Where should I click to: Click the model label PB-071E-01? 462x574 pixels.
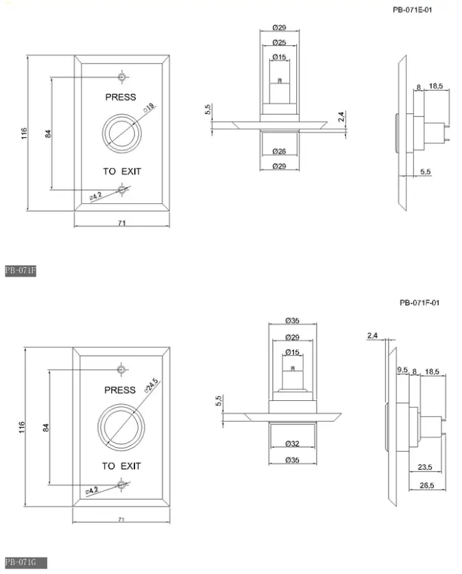pos(413,10)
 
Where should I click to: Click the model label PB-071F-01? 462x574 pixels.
pos(420,302)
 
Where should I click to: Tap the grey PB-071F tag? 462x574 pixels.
pos(20,271)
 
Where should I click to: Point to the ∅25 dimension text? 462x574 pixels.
pos(279,43)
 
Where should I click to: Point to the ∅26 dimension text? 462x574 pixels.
pos(279,150)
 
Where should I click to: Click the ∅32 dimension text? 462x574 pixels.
pos(293,444)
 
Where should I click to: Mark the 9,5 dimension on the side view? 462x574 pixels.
pos(402,370)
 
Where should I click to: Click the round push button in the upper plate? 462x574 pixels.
pos(121,133)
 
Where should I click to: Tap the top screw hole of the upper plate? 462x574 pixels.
pos(121,76)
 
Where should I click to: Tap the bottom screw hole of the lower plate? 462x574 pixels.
pos(121,485)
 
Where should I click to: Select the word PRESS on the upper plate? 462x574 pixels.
pos(121,97)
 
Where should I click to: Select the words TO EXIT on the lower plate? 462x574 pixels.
pos(121,466)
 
